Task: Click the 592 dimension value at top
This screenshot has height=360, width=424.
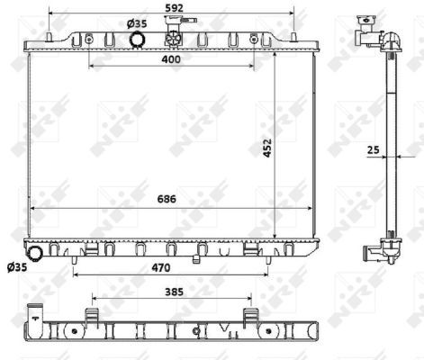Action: (x=174, y=8)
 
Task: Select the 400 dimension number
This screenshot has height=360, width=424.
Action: (x=171, y=59)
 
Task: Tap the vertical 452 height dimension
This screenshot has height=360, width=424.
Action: (x=267, y=148)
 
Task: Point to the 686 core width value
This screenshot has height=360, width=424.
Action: (x=167, y=199)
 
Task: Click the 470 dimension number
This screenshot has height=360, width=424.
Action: (x=161, y=267)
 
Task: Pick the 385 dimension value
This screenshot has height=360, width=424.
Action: (x=174, y=292)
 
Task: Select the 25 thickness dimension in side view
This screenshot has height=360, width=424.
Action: (x=374, y=149)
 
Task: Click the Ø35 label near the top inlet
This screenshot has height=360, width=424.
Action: (x=137, y=23)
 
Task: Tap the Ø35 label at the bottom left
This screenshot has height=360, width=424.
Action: (x=17, y=266)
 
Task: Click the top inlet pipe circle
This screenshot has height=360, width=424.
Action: (x=137, y=40)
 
